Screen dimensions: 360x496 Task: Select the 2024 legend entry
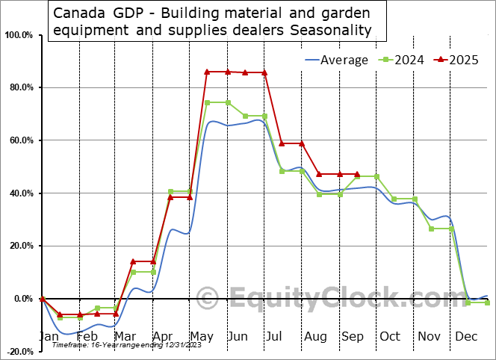point(401,60)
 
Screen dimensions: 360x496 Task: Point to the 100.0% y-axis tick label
point(19,35)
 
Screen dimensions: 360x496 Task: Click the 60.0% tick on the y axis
point(19,140)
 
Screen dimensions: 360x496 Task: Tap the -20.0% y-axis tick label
point(19,351)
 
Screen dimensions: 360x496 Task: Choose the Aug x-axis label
point(316,337)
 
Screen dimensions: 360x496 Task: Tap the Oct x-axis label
point(390,337)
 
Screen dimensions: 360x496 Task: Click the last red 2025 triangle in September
point(356,174)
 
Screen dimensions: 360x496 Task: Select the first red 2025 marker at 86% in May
point(208,72)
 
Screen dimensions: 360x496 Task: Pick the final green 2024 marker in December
point(487,302)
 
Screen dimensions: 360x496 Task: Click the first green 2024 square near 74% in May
point(208,102)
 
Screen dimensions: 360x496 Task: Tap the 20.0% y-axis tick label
point(19,246)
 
